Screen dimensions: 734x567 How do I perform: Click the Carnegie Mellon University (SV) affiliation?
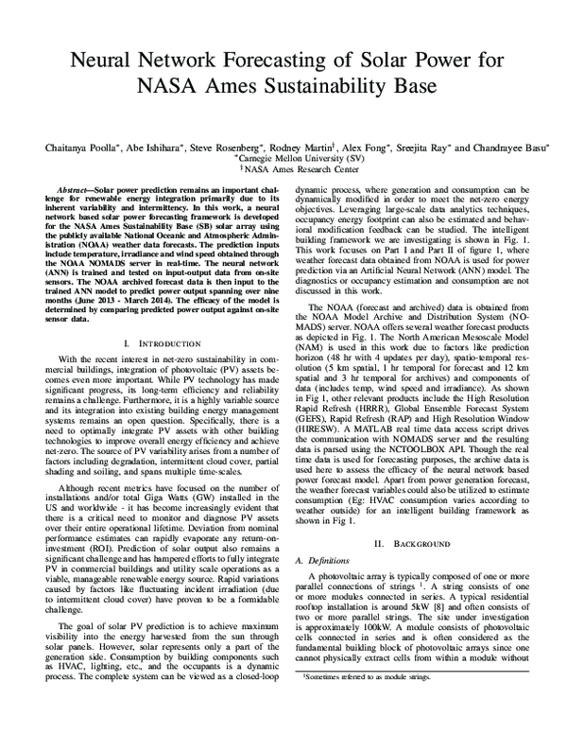283,160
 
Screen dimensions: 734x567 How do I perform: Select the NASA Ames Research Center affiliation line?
283,171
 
